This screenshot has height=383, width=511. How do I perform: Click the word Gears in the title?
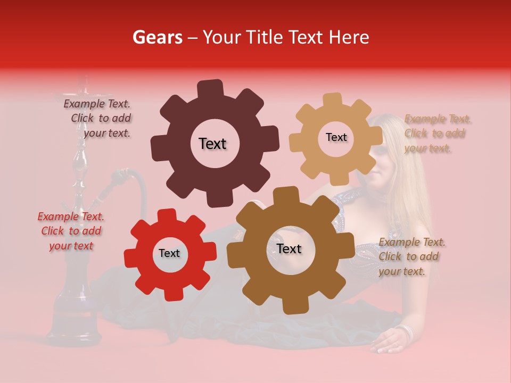[x=157, y=37]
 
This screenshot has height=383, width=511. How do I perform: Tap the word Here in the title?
[x=349, y=37]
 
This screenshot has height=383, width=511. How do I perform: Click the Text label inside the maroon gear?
[x=212, y=144]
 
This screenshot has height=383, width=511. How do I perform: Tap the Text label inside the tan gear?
[x=336, y=137]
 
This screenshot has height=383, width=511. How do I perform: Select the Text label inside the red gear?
[x=169, y=253]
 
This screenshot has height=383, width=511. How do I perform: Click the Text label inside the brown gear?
[x=289, y=248]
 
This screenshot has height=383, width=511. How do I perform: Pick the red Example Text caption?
[x=71, y=231]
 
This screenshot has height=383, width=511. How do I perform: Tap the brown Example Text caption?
[x=411, y=256]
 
